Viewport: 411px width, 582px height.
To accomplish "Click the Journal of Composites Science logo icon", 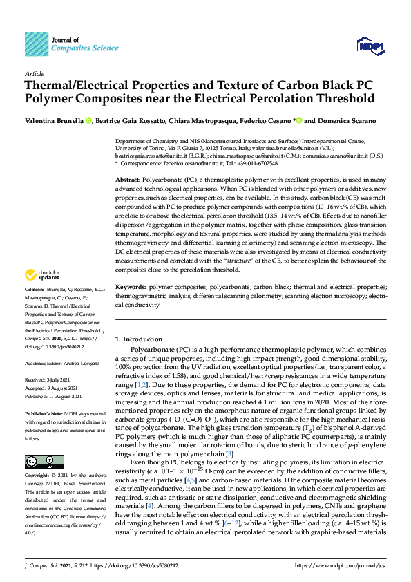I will [x=36, y=45].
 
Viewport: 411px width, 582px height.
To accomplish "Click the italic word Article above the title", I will [x=34, y=73].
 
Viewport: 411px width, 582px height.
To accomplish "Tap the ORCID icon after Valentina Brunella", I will [x=89, y=120].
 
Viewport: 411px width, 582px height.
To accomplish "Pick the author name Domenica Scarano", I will [x=346, y=120].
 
